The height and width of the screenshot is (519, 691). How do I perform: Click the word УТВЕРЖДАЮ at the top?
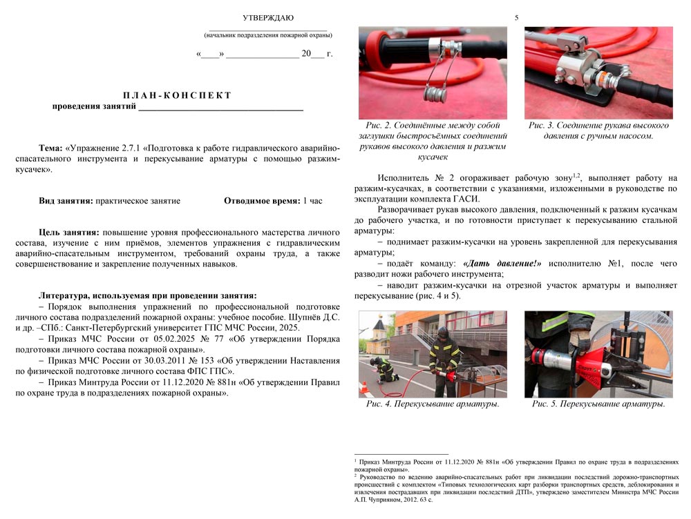267,17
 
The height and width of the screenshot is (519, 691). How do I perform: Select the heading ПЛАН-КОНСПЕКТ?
178,95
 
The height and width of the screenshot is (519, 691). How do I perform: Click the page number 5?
516,17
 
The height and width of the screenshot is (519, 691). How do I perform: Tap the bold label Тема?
50,148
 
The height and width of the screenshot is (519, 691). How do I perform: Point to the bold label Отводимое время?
262,201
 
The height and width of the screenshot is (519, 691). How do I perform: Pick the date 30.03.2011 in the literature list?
156,361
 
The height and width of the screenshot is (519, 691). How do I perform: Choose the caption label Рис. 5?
544,404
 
